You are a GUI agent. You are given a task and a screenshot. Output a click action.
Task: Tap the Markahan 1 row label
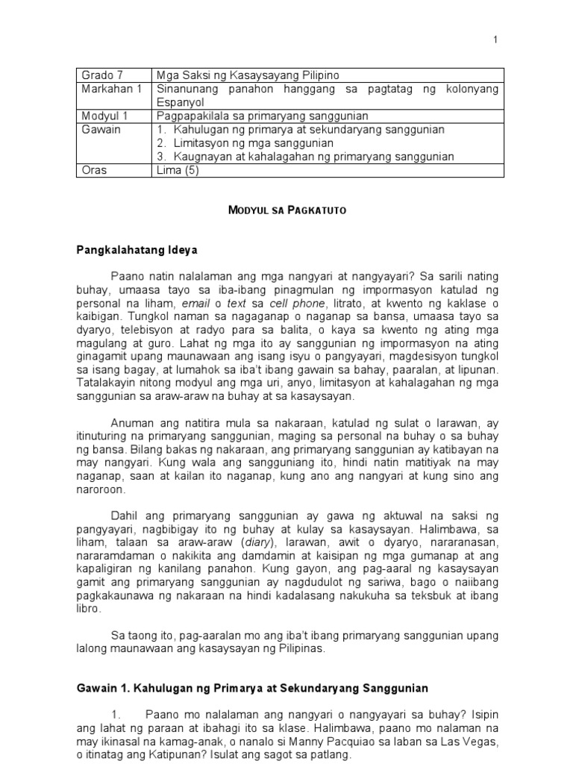pyautogui.click(x=108, y=89)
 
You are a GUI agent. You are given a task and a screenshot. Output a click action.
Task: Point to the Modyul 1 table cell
pyautogui.click(x=103, y=116)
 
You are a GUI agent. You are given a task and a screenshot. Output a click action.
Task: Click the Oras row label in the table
pyautogui.click(x=95, y=170)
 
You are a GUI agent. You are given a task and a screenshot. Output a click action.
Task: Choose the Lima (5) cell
pyautogui.click(x=177, y=170)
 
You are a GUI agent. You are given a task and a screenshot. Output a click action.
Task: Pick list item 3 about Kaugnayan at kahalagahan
pyautogui.click(x=306, y=156)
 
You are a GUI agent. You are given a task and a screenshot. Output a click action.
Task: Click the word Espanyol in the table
pyautogui.click(x=178, y=102)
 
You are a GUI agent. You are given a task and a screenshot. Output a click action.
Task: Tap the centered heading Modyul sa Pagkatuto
pyautogui.click(x=286, y=210)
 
